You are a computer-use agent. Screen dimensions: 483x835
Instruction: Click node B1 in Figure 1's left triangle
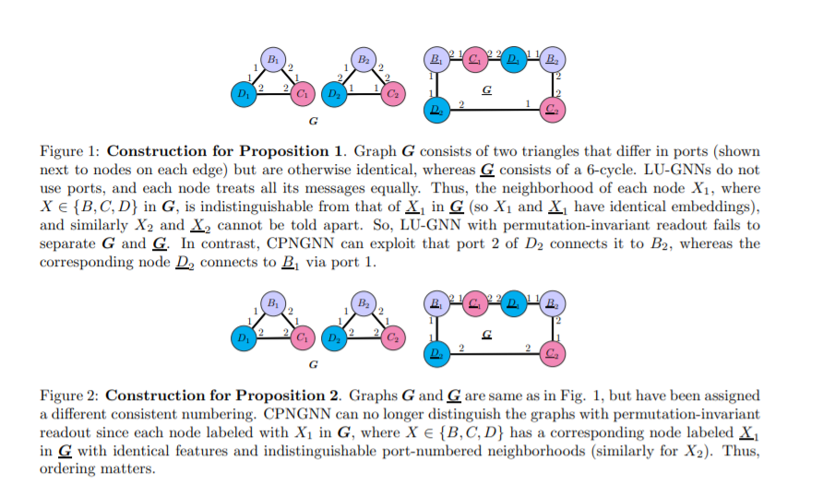[272, 59]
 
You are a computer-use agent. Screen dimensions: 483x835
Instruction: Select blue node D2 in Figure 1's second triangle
[333, 93]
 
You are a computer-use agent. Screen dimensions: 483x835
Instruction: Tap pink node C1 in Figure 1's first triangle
[302, 93]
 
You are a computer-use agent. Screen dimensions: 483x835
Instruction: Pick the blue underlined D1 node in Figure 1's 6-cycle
[513, 60]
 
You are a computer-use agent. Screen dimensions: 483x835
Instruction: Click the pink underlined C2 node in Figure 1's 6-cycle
[554, 110]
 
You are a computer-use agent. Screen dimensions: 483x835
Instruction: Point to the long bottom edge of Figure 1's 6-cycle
[495, 110]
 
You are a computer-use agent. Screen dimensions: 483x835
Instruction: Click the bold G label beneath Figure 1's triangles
[313, 121]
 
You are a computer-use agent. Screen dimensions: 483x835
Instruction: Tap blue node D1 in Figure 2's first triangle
[243, 337]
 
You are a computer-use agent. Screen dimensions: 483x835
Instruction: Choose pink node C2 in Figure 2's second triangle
[394, 337]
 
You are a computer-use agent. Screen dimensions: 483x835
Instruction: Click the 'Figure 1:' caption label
[69, 151]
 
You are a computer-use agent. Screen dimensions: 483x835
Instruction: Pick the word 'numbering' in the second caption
[221, 412]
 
